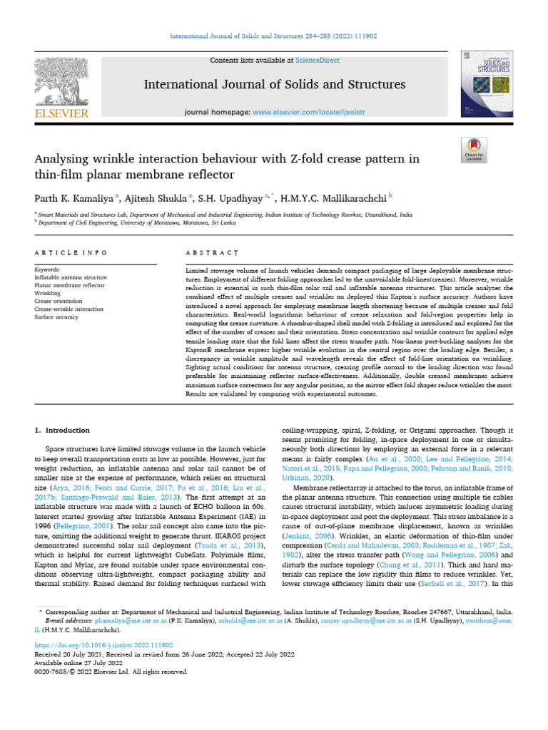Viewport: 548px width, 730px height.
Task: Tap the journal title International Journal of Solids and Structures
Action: [275, 85]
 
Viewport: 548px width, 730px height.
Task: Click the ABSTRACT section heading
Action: [211, 252]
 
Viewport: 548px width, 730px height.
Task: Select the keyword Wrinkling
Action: [48, 292]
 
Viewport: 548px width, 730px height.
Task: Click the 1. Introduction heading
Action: [63, 431]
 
